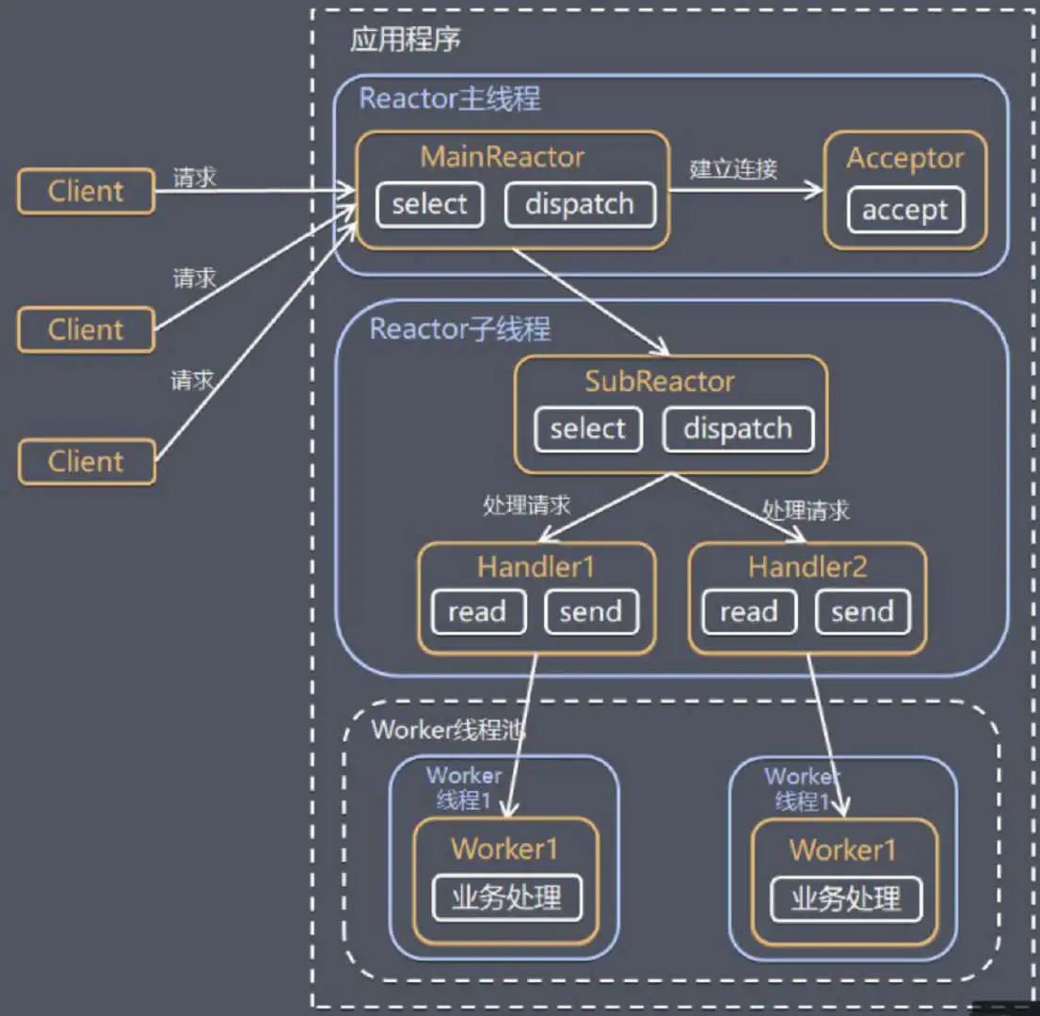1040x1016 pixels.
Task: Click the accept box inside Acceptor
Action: coord(905,210)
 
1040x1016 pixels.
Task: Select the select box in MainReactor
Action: coord(430,205)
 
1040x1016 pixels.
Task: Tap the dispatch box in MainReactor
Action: coord(580,205)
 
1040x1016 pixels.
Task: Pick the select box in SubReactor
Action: coord(588,430)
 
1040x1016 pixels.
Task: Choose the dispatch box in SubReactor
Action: coord(738,430)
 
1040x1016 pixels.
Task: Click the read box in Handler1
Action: coord(478,611)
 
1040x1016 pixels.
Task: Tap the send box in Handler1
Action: coord(592,611)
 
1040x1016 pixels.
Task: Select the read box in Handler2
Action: coord(749,611)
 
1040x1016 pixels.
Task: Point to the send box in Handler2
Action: coord(863,611)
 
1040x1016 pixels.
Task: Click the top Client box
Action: coord(87,192)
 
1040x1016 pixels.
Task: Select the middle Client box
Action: coord(87,329)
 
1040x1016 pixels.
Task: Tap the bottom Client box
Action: coord(87,461)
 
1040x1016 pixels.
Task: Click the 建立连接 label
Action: coord(733,169)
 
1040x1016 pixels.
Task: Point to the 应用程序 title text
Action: coord(406,40)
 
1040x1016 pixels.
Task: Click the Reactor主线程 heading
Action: coord(450,99)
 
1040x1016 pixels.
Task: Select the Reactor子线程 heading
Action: coord(459,328)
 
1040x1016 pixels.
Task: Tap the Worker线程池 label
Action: coord(448,730)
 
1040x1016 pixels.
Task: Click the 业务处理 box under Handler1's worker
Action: coord(506,898)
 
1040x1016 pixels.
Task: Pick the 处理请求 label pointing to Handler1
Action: coord(527,506)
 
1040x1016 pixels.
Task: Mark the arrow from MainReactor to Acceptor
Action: coord(745,191)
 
